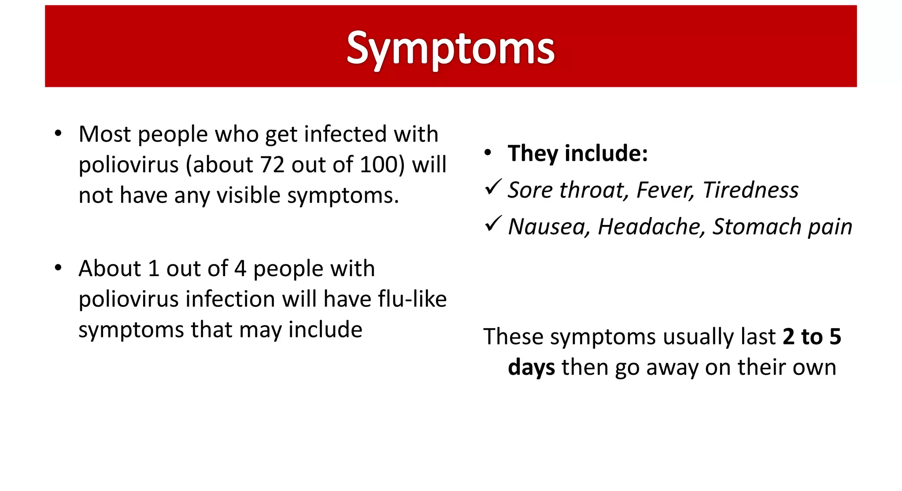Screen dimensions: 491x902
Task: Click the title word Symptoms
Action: [450, 48]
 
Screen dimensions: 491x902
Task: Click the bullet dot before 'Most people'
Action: [58, 133]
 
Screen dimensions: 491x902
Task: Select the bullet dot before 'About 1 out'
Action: [58, 268]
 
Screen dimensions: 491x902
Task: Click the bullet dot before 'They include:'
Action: [487, 153]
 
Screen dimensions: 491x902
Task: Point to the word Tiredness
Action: [750, 190]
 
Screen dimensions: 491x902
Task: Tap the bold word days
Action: [531, 367]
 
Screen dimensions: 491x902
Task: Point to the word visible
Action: [248, 195]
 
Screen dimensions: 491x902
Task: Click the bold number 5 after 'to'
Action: [835, 336]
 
